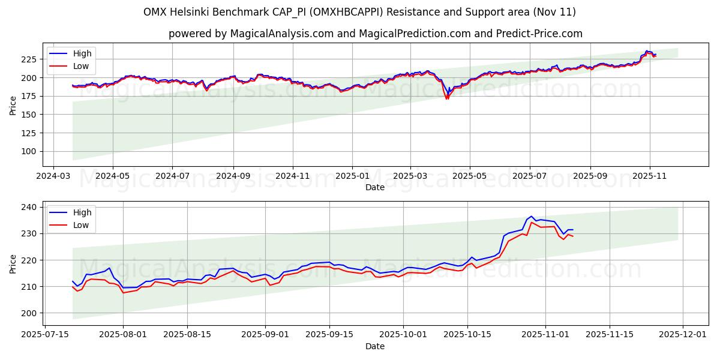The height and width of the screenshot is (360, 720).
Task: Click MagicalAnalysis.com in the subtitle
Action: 282,34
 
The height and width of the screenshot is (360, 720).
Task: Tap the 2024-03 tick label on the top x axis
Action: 53,176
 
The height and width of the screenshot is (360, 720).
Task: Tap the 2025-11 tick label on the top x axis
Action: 650,176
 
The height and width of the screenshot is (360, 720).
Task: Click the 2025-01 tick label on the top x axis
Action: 352,176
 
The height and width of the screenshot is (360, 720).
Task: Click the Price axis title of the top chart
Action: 13,106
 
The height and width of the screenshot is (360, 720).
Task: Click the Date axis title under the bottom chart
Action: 375,346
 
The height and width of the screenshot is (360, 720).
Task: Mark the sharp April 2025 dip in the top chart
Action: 446,98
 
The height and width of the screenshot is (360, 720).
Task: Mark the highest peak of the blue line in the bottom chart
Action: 532,217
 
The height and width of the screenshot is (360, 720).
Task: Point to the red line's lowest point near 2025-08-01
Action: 123,293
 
